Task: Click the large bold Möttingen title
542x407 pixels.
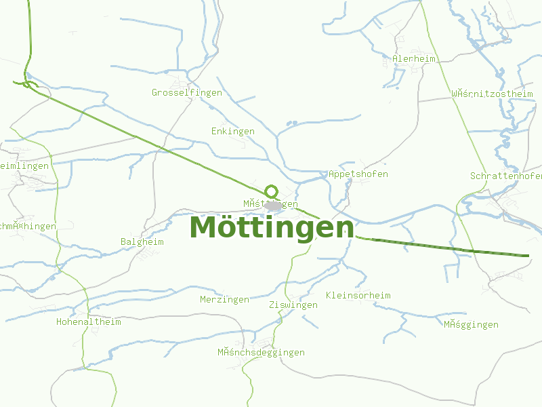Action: (272, 227)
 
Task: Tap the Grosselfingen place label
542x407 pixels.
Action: (187, 92)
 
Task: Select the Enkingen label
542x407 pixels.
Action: (233, 131)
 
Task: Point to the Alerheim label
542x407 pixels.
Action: (414, 58)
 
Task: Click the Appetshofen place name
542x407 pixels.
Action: (358, 174)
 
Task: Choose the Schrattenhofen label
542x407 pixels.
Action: (505, 176)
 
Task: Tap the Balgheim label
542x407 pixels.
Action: (142, 241)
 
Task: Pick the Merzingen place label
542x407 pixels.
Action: (224, 299)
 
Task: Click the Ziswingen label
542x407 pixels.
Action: (293, 305)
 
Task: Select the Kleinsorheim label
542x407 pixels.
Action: (358, 295)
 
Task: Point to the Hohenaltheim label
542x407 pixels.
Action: (88, 322)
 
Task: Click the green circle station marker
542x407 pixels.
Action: (272, 191)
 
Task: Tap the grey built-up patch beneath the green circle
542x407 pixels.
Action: (272, 206)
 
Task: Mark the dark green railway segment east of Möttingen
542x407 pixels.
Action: (440, 248)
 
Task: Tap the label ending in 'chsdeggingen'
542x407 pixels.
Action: (261, 352)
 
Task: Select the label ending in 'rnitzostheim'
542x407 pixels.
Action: (492, 94)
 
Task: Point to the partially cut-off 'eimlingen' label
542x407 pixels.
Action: (25, 166)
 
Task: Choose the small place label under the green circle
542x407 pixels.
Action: (270, 203)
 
